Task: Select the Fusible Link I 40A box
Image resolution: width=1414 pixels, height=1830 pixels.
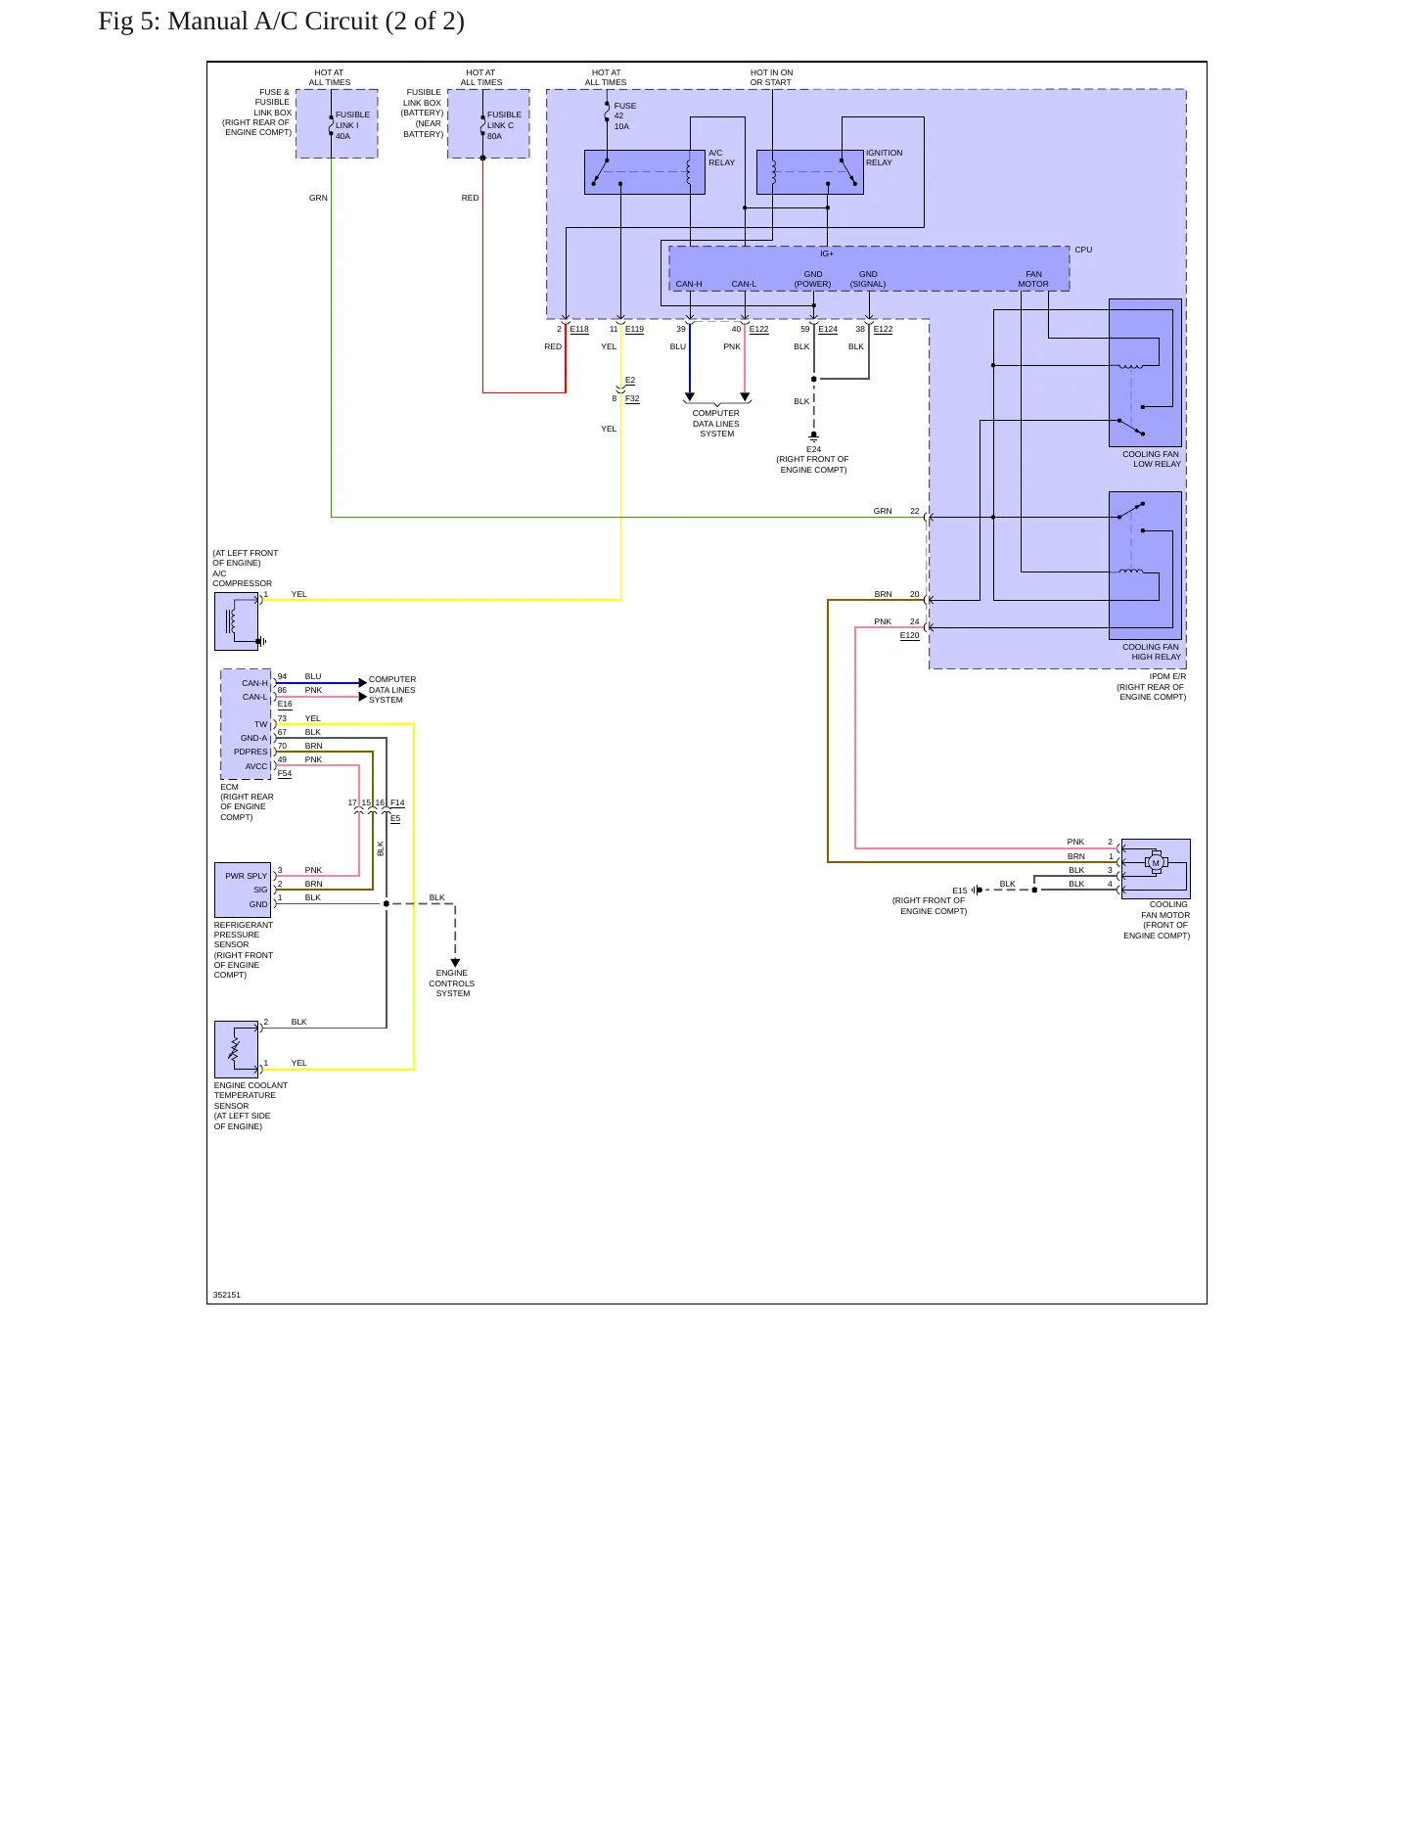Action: point(337,123)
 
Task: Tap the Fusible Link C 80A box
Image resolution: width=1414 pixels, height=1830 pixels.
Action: point(488,123)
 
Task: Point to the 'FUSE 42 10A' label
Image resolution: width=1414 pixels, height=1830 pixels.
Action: point(625,116)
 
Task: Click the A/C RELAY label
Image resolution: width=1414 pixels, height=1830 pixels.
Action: point(722,158)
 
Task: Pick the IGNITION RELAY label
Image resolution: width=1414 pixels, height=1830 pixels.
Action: point(885,158)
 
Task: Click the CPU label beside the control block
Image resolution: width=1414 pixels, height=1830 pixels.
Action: point(1083,250)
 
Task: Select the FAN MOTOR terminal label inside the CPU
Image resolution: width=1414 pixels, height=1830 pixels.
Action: point(1033,279)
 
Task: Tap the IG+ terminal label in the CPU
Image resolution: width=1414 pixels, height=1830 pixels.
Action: point(827,253)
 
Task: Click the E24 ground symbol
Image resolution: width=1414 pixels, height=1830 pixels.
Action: point(813,437)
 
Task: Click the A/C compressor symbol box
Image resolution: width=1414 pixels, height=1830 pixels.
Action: point(237,621)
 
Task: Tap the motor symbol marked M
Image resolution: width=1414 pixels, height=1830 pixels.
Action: point(1156,863)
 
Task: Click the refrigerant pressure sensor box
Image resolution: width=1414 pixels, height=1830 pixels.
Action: point(243,890)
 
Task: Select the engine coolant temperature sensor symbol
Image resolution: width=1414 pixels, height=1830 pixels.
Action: point(237,1049)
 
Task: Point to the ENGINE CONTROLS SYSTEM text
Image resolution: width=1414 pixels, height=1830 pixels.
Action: point(452,984)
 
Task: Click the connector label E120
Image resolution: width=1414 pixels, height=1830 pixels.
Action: point(910,635)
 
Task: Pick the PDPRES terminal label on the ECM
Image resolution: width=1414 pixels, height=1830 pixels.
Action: point(251,752)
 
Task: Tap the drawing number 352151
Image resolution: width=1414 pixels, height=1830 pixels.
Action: point(227,1295)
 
